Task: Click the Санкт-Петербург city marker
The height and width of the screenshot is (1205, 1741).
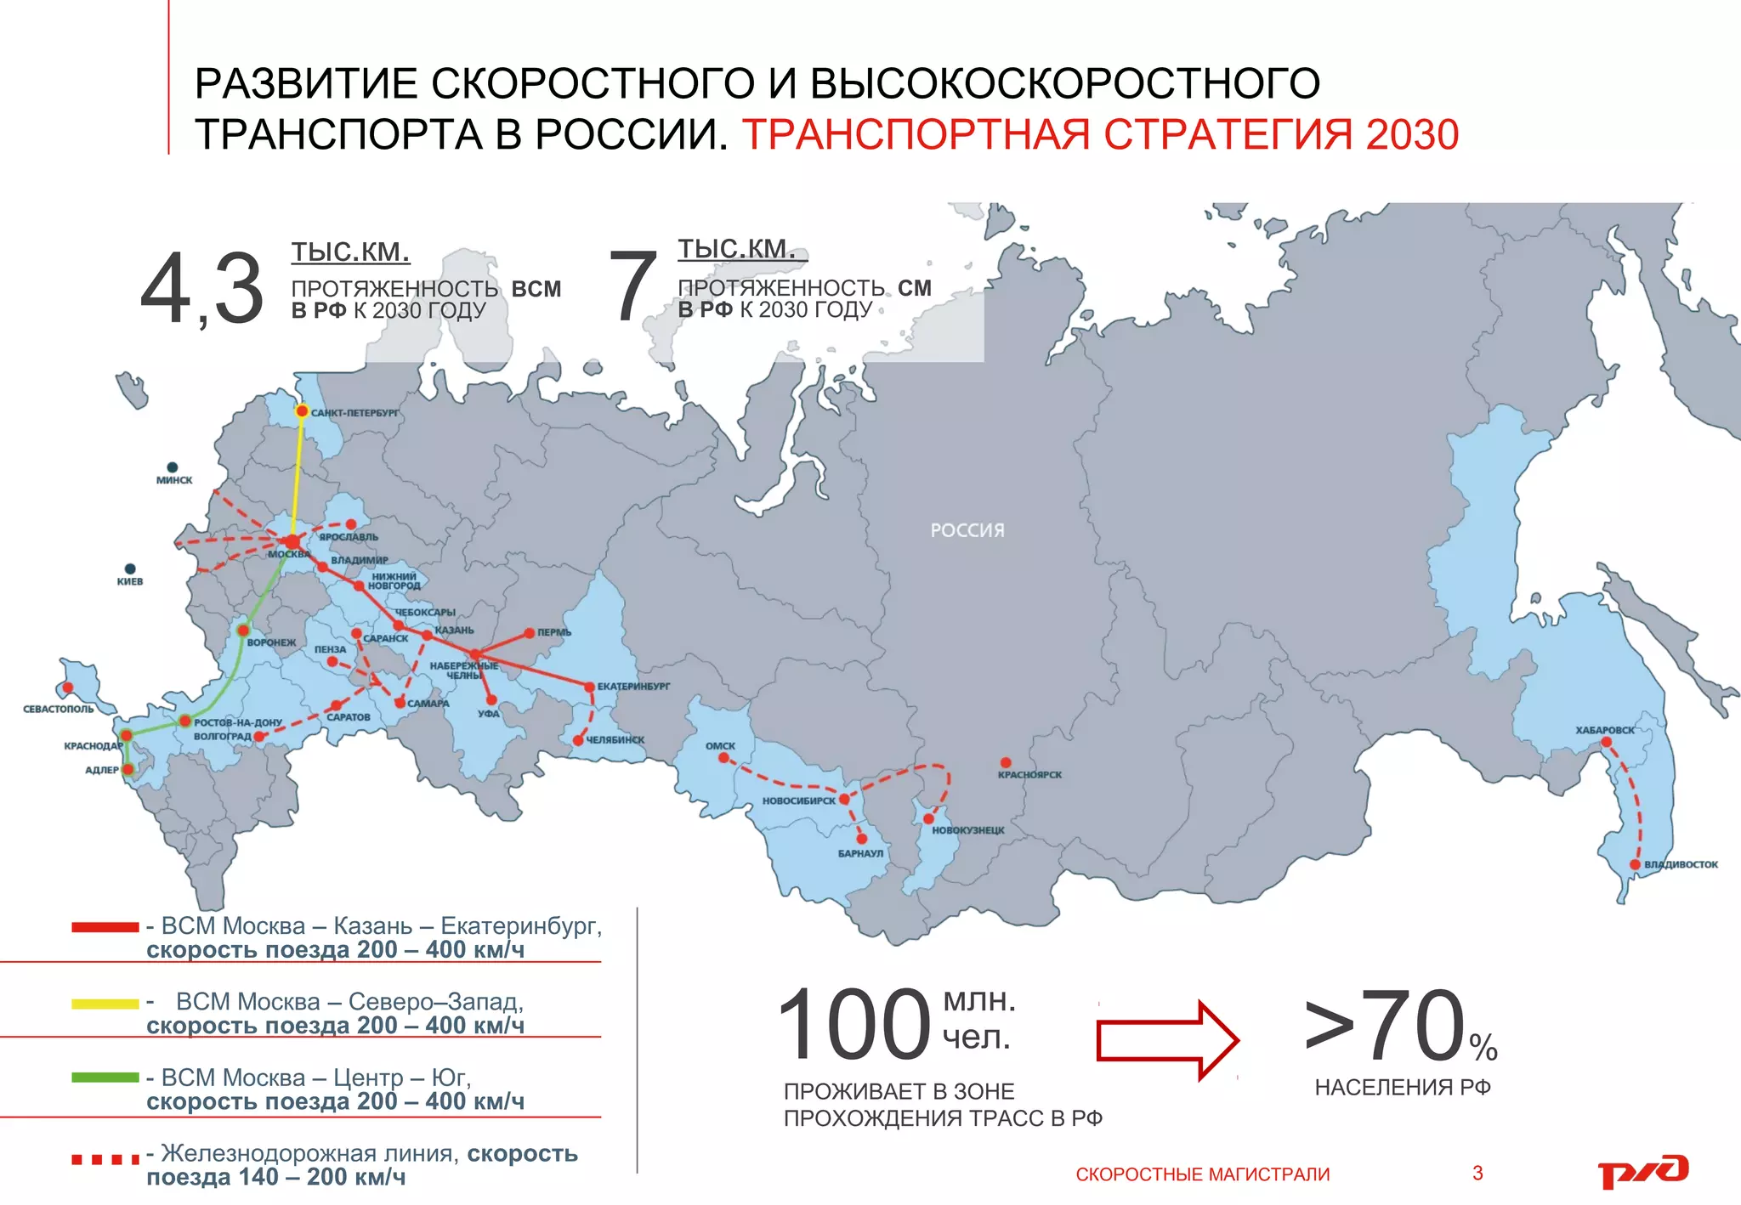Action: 302,411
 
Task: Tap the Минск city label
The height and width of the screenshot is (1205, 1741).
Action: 174,480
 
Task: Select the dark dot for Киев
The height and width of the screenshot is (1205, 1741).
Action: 130,569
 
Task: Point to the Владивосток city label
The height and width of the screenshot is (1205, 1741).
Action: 1681,864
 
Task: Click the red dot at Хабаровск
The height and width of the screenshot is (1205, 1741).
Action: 1606,742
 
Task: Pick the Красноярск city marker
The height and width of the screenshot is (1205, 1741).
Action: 1006,762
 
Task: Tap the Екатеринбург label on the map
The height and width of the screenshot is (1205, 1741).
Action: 633,686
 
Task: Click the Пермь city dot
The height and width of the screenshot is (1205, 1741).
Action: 530,632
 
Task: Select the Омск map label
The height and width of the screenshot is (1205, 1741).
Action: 720,746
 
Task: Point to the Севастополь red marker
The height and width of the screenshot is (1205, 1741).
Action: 68,687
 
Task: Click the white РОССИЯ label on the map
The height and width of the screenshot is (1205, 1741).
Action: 967,530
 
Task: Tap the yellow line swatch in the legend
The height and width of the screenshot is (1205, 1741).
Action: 105,1004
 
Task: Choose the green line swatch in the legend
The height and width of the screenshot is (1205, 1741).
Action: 105,1078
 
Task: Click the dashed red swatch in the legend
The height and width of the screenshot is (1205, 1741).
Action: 105,1159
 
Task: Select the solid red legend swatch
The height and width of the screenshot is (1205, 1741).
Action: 105,927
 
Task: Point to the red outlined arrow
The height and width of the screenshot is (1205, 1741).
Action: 1167,1040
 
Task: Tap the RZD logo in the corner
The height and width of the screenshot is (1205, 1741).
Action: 1642,1172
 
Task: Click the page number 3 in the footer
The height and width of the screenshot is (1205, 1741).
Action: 1477,1174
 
